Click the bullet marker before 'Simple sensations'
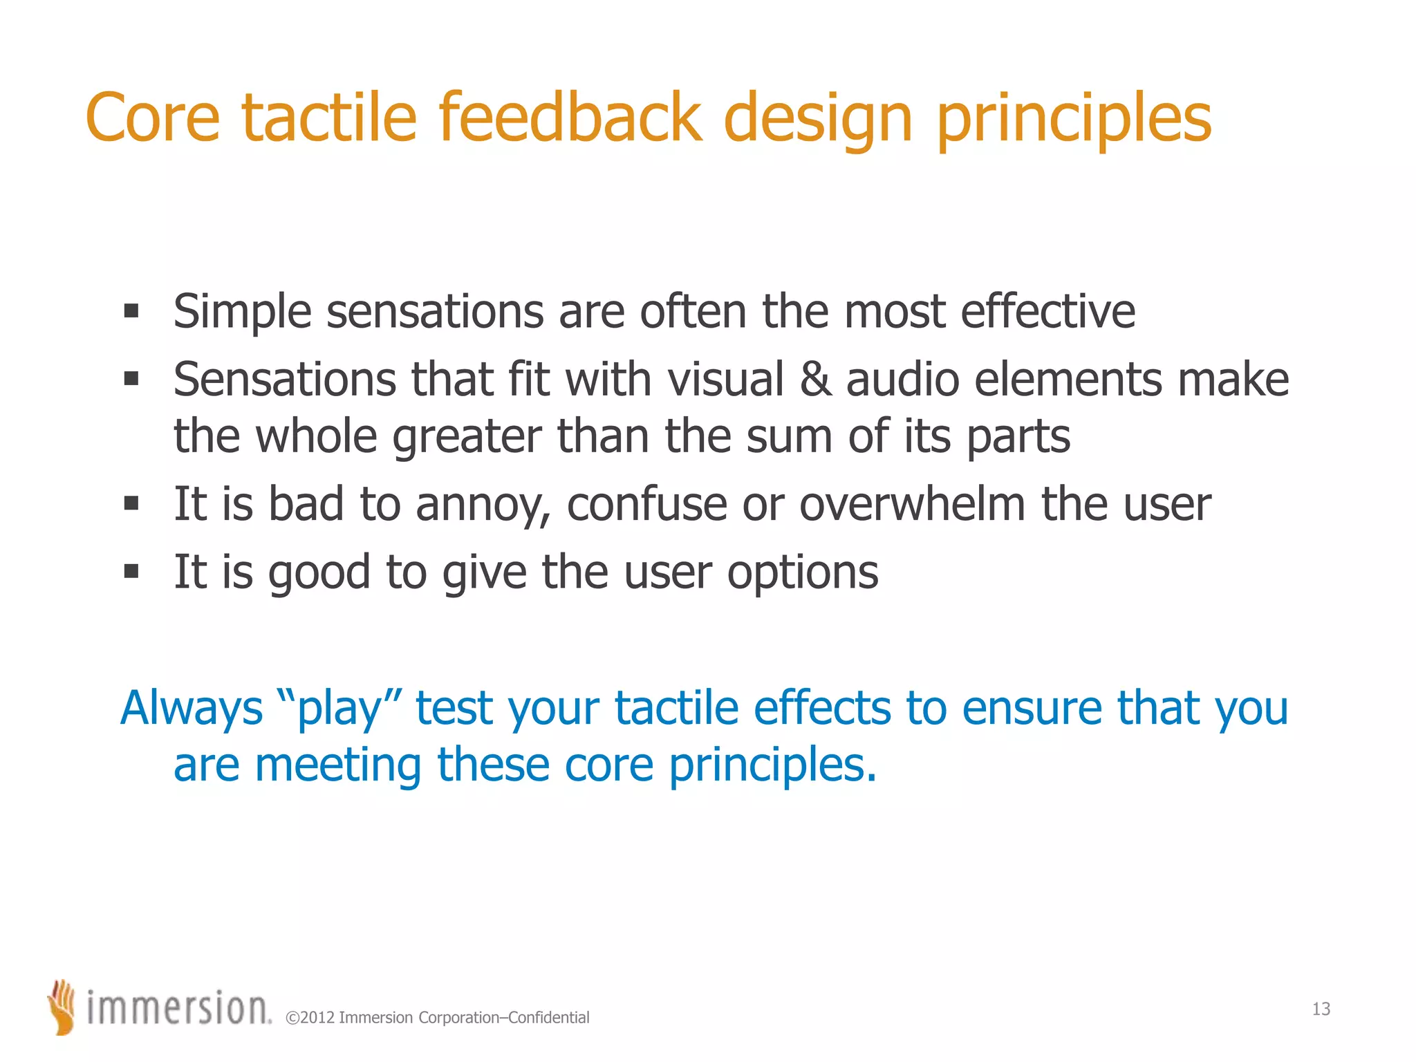coord(131,310)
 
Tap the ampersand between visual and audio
coord(816,380)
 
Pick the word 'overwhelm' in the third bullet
coord(912,503)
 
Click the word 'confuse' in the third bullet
coord(646,503)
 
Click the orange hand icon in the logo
coord(62,1007)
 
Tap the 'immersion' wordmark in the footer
coord(178,1008)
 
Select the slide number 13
coord(1321,1009)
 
